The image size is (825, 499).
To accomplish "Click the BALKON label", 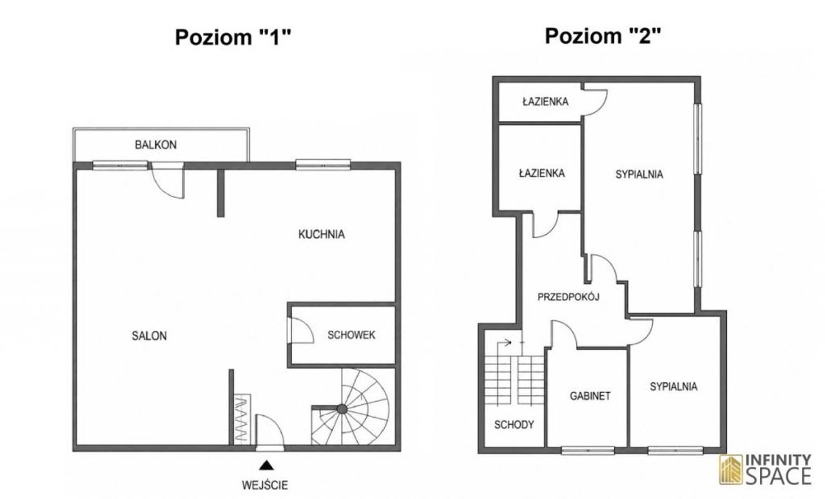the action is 156,145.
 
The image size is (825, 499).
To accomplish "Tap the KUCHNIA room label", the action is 322,235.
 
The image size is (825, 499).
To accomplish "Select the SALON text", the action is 149,336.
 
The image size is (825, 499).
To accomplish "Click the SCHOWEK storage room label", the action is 351,335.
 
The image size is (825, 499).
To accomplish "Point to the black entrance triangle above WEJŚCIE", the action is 266,466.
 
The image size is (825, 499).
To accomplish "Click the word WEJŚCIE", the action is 265,485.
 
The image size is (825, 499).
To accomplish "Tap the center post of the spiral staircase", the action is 342,409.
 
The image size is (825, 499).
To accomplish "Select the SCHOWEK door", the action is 301,330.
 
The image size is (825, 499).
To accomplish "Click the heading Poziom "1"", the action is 233,37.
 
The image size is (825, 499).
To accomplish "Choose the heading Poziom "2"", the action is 603,36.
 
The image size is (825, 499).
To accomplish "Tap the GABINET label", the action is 590,396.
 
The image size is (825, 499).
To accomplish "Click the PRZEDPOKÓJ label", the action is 568,297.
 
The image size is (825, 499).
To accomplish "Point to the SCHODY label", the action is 514,425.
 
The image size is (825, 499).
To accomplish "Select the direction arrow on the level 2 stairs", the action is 503,343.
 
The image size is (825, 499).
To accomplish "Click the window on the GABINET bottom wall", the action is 588,451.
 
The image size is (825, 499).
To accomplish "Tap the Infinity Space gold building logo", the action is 731,469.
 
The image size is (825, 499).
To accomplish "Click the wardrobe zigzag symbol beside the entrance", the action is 242,420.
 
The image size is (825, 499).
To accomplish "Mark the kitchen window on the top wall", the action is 323,164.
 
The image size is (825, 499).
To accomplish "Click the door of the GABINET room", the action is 564,334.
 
